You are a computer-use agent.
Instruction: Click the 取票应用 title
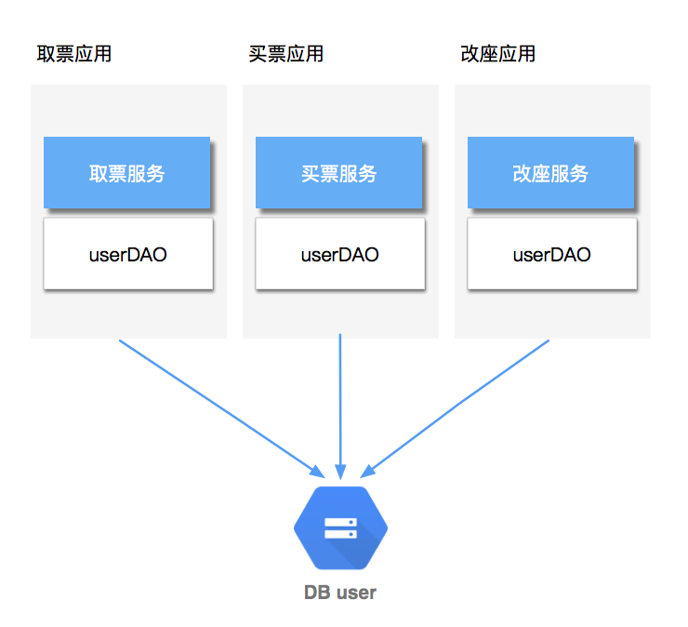74,54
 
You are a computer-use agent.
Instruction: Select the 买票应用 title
286,54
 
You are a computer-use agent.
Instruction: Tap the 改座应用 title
498,54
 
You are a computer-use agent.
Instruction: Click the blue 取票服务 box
126,173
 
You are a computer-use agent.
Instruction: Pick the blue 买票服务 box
339,173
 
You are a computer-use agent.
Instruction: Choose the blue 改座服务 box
550,173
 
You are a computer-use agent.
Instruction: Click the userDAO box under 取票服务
128,254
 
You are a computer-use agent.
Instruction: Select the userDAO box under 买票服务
340,254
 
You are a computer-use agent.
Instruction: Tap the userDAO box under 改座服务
552,254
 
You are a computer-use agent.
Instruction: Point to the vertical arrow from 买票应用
340,400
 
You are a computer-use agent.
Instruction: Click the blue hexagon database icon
340,528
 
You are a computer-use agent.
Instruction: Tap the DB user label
340,593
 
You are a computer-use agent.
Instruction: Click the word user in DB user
356,593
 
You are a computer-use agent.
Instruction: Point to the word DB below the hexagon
318,593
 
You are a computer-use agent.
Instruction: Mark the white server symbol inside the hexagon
340,528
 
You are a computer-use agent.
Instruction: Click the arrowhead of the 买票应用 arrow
340,470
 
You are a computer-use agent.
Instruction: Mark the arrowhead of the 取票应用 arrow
315,470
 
